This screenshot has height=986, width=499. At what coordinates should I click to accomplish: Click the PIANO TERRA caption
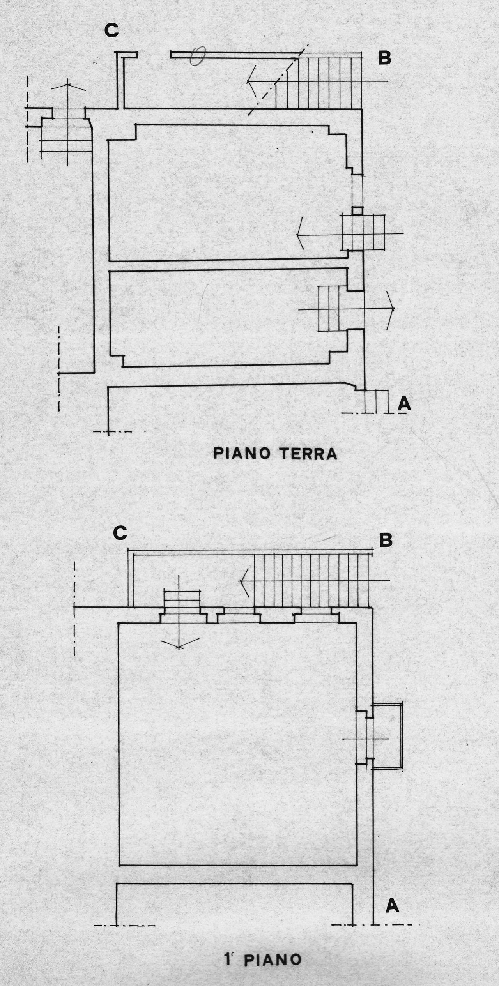[x=275, y=454]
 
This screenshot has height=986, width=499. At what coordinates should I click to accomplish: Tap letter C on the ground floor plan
[x=111, y=31]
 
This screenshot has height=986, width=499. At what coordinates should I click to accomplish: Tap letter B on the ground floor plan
[x=384, y=58]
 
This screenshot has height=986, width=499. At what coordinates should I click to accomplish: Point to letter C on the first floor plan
[x=120, y=534]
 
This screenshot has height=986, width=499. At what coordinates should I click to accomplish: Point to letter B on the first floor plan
[x=386, y=541]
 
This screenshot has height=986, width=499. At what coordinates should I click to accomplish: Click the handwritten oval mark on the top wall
[x=198, y=56]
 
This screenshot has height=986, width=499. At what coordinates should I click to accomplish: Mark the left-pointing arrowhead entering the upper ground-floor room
[x=298, y=235]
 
